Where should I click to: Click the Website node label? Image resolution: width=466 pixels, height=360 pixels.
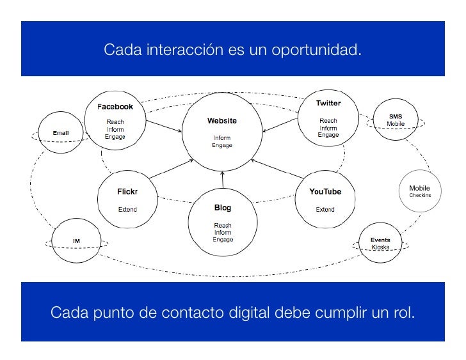221,121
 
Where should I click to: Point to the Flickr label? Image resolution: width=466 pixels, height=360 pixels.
127,191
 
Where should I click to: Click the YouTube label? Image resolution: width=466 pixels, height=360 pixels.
325,191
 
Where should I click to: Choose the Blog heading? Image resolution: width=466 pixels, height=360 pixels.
222,208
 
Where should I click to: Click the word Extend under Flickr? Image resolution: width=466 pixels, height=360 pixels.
127,209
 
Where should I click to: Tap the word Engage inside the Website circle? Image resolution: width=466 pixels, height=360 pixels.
222,146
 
